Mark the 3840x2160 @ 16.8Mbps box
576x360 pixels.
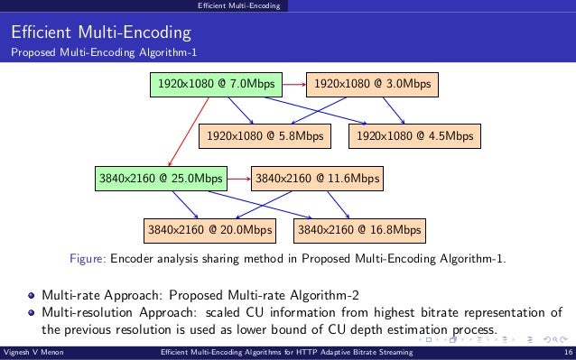(360, 230)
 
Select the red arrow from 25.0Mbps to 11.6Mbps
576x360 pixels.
(238, 179)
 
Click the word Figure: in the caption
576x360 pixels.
(88, 260)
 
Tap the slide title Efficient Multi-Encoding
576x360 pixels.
(100, 34)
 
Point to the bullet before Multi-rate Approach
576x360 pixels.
(33, 296)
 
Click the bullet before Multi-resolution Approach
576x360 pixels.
(33, 313)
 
